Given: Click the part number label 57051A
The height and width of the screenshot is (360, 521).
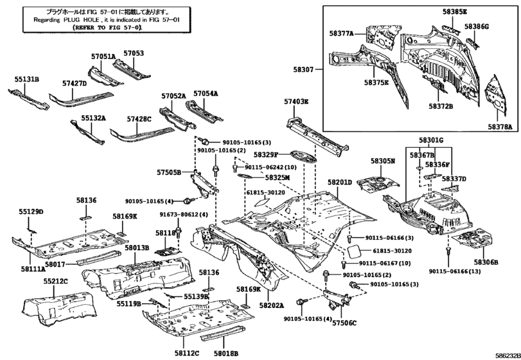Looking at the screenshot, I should click(x=103, y=57).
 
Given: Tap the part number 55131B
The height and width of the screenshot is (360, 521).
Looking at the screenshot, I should click(x=28, y=79).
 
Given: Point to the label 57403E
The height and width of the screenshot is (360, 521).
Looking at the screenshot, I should click(x=296, y=102).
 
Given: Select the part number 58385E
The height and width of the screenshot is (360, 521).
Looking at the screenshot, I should click(x=454, y=12).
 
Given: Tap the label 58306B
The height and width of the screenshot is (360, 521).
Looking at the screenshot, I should click(x=486, y=262).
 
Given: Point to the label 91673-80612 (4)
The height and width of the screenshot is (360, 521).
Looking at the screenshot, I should click(x=184, y=215).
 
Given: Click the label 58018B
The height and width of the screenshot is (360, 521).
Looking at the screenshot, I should click(x=225, y=353).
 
